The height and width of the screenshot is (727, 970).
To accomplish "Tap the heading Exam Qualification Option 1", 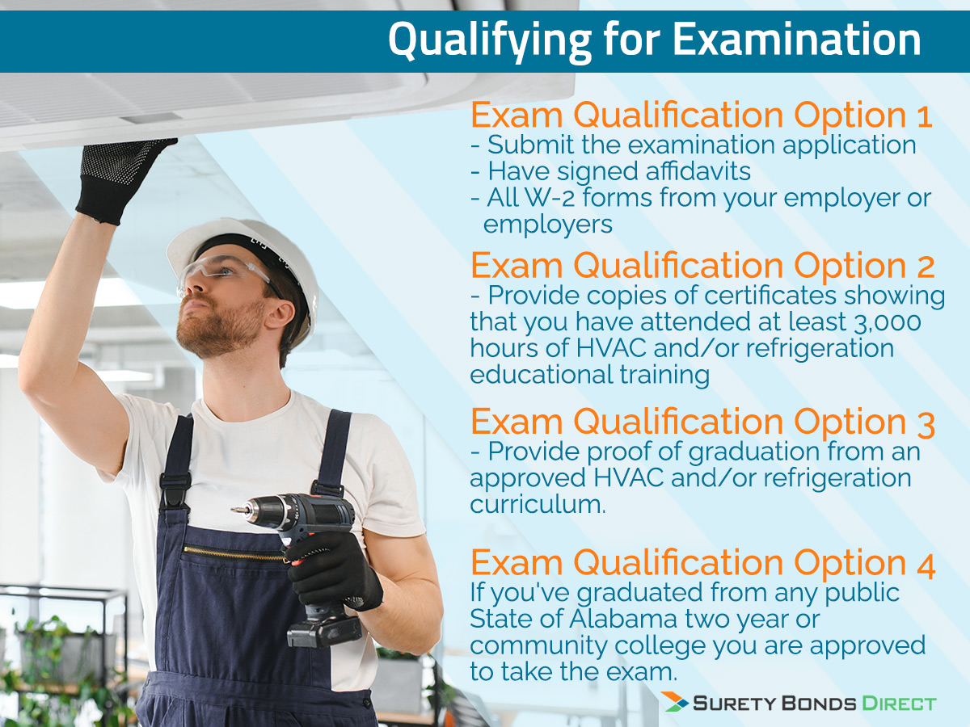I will tap(702, 116).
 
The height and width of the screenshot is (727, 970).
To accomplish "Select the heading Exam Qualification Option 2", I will tap(702, 266).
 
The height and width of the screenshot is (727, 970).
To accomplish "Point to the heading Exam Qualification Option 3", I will tap(702, 422).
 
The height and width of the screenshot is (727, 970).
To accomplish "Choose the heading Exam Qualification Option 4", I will tap(702, 563).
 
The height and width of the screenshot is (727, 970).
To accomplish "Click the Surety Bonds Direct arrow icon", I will tap(675, 702).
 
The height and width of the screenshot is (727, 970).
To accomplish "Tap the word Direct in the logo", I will tap(896, 703).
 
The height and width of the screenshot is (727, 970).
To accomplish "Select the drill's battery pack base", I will tap(323, 631).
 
